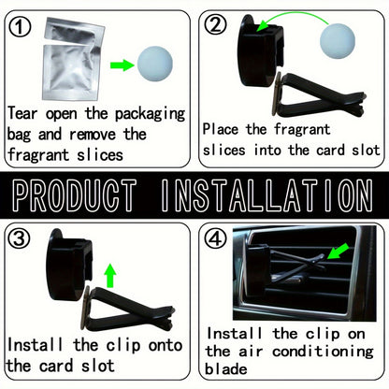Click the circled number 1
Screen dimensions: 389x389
(x=20, y=26)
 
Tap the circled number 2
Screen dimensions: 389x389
(x=215, y=24)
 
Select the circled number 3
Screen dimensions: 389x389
(x=19, y=238)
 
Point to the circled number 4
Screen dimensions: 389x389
(x=215, y=239)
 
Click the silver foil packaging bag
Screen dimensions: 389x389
(x=73, y=59)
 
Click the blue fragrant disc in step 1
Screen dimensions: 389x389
(x=155, y=65)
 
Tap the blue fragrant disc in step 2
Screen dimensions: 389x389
(x=338, y=41)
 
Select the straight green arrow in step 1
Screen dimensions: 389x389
(x=122, y=65)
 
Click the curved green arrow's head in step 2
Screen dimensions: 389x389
(x=263, y=24)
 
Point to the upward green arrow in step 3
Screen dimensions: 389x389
(x=110, y=275)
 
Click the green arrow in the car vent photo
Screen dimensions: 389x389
(x=338, y=252)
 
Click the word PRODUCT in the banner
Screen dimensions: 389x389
(x=75, y=195)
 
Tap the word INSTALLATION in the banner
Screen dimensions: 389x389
(x=267, y=195)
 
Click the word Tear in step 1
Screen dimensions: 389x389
(x=22, y=113)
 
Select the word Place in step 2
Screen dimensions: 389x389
(x=221, y=129)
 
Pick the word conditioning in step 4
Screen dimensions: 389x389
(x=323, y=352)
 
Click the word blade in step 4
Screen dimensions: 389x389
(x=226, y=369)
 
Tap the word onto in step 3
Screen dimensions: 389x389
(x=166, y=346)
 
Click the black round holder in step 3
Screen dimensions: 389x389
(x=69, y=265)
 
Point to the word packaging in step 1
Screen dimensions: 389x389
(x=151, y=114)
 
